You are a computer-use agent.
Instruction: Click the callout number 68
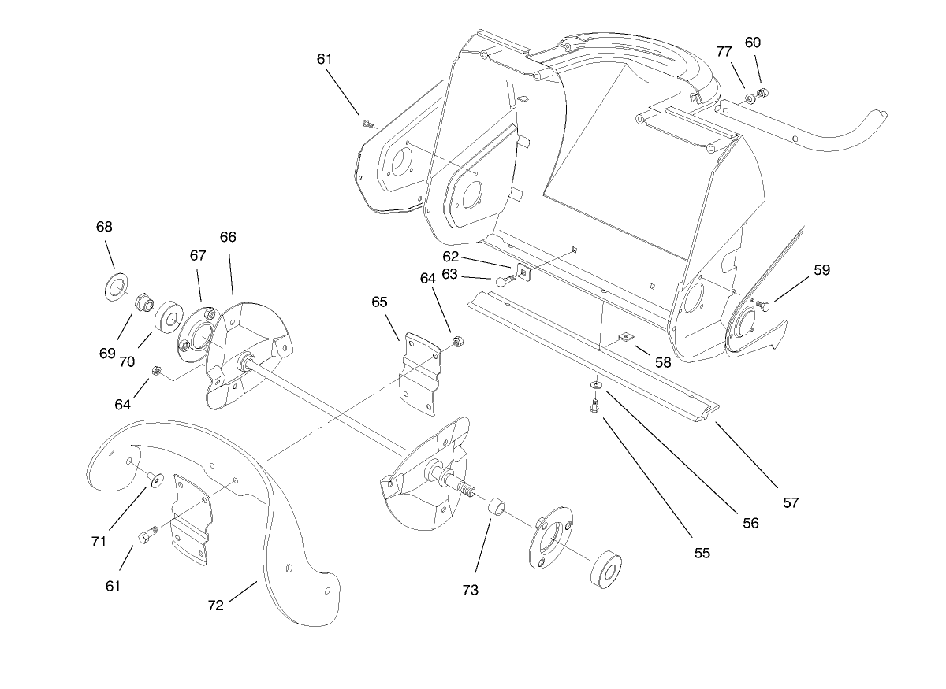tap(104, 227)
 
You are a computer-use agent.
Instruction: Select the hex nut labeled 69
tap(144, 302)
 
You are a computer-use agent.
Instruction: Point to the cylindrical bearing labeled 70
tap(167, 319)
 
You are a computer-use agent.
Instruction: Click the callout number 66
tap(228, 237)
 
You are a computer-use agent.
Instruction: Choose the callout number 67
tap(197, 256)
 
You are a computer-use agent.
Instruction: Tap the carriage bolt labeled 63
tap(505, 280)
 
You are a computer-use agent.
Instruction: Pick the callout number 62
tap(450, 256)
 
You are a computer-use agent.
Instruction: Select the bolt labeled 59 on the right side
tap(762, 305)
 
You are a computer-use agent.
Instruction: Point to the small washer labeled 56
tap(595, 384)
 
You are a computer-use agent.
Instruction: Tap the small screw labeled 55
tap(595, 405)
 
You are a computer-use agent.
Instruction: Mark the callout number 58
tap(663, 362)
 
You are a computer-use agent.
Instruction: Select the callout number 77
tap(724, 52)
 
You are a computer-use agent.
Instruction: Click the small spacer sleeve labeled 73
tap(497, 506)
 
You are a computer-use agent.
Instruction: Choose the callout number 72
tap(215, 606)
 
